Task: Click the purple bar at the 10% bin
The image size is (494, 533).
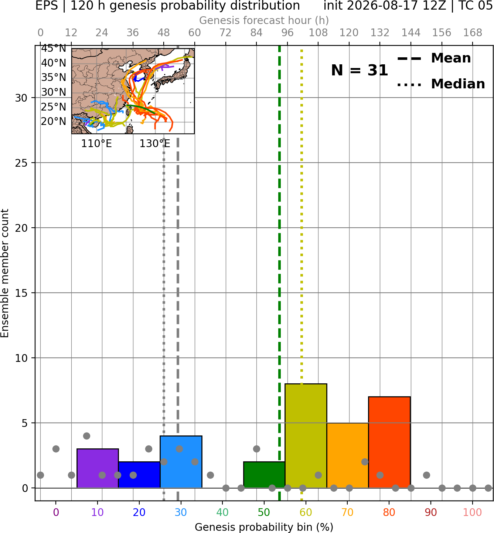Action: [98, 468]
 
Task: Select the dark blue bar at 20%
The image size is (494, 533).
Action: [139, 475]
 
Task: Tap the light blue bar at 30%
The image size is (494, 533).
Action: [181, 462]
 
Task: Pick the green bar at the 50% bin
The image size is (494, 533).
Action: [264, 475]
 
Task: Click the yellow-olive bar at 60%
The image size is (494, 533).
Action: [306, 435]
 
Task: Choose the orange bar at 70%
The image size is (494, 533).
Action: [348, 455]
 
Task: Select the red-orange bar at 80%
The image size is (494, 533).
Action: [389, 442]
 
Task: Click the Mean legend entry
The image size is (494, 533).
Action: [434, 58]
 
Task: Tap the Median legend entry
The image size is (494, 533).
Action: [441, 84]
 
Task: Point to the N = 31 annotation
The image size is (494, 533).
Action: [360, 70]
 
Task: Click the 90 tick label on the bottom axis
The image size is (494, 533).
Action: [431, 512]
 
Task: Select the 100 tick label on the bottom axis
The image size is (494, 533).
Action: [473, 512]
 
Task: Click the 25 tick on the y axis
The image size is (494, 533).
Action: [21, 163]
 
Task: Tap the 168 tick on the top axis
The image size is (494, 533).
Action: [473, 33]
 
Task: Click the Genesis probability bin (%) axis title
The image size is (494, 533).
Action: [264, 527]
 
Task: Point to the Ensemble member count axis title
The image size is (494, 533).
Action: [5, 273]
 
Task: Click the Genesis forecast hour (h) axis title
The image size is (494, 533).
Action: [264, 20]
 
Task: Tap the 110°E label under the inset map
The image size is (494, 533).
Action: [96, 144]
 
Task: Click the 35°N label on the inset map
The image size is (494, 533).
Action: [54, 78]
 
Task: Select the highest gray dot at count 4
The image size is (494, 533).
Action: [87, 436]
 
